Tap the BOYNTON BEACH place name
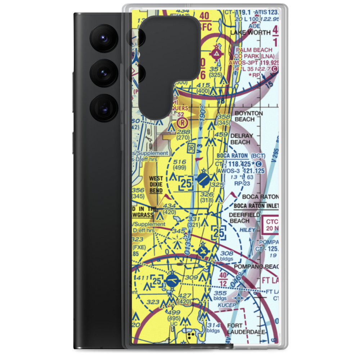point(249,116)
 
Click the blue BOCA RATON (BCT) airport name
point(241,156)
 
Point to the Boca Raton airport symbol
point(203,179)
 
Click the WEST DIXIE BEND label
point(156,184)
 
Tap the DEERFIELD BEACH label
point(244,218)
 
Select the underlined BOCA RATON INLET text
point(256,206)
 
